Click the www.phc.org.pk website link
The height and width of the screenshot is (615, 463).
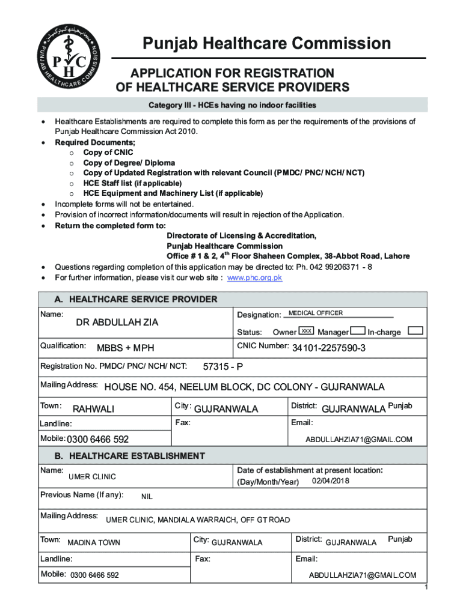coord(254,278)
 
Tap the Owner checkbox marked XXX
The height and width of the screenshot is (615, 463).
coord(307,332)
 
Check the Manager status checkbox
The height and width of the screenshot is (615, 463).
coord(358,331)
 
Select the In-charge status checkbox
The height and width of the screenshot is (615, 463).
coord(415,331)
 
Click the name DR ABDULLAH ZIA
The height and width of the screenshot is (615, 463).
coord(117,323)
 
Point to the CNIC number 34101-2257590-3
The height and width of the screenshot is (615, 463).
coord(329,349)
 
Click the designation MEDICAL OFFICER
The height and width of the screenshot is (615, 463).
coord(316,314)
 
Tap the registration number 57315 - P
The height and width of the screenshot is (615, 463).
coord(223,368)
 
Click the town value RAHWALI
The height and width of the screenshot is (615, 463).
coord(93,410)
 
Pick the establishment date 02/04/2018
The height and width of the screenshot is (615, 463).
coord(331,482)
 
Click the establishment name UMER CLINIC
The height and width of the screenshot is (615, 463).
coord(92,477)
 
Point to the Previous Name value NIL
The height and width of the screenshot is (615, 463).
coord(147,497)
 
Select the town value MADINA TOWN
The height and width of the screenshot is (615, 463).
coord(93,543)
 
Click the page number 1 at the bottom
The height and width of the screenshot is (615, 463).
coord(425,587)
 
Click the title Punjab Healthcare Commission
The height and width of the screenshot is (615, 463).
coord(266,44)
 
